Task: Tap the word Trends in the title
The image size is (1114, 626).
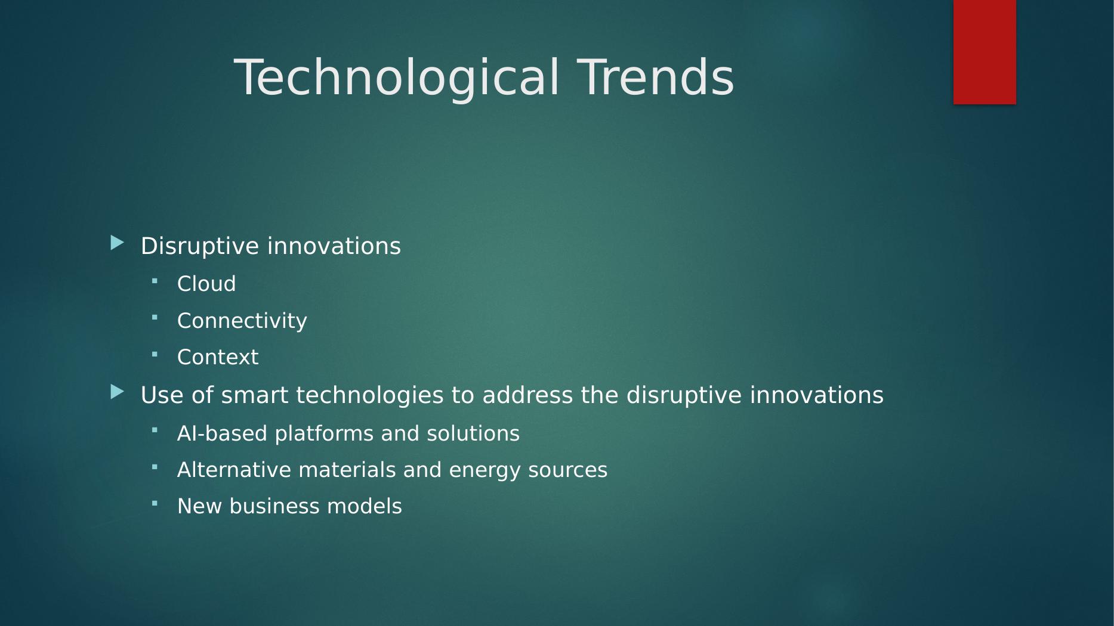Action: (x=656, y=77)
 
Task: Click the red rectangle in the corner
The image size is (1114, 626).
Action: (x=985, y=52)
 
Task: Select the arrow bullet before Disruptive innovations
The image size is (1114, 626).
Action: (x=118, y=243)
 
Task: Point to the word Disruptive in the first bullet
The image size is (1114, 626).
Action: (x=200, y=246)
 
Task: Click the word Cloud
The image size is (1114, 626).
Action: (x=206, y=284)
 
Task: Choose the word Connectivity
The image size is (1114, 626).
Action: (x=242, y=321)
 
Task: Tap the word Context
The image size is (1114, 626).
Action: (x=218, y=357)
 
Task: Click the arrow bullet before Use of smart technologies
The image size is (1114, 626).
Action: (x=118, y=392)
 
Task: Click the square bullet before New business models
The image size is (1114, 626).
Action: (x=155, y=503)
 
